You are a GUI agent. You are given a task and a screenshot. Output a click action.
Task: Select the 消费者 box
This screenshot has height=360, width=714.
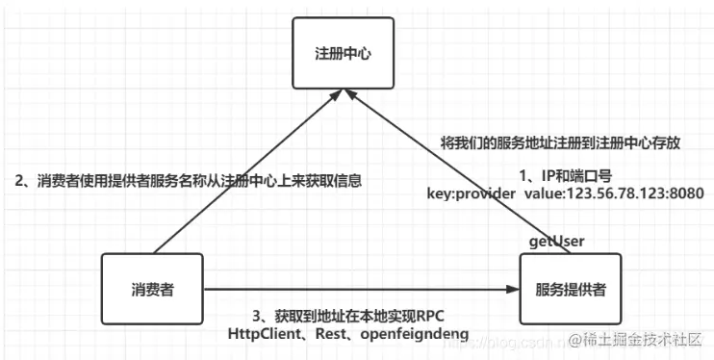tap(152, 288)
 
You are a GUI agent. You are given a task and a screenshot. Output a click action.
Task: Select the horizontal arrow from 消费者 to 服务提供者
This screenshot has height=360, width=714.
tap(356, 288)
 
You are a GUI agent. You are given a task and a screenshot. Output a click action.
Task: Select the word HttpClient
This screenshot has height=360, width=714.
tap(263, 333)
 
